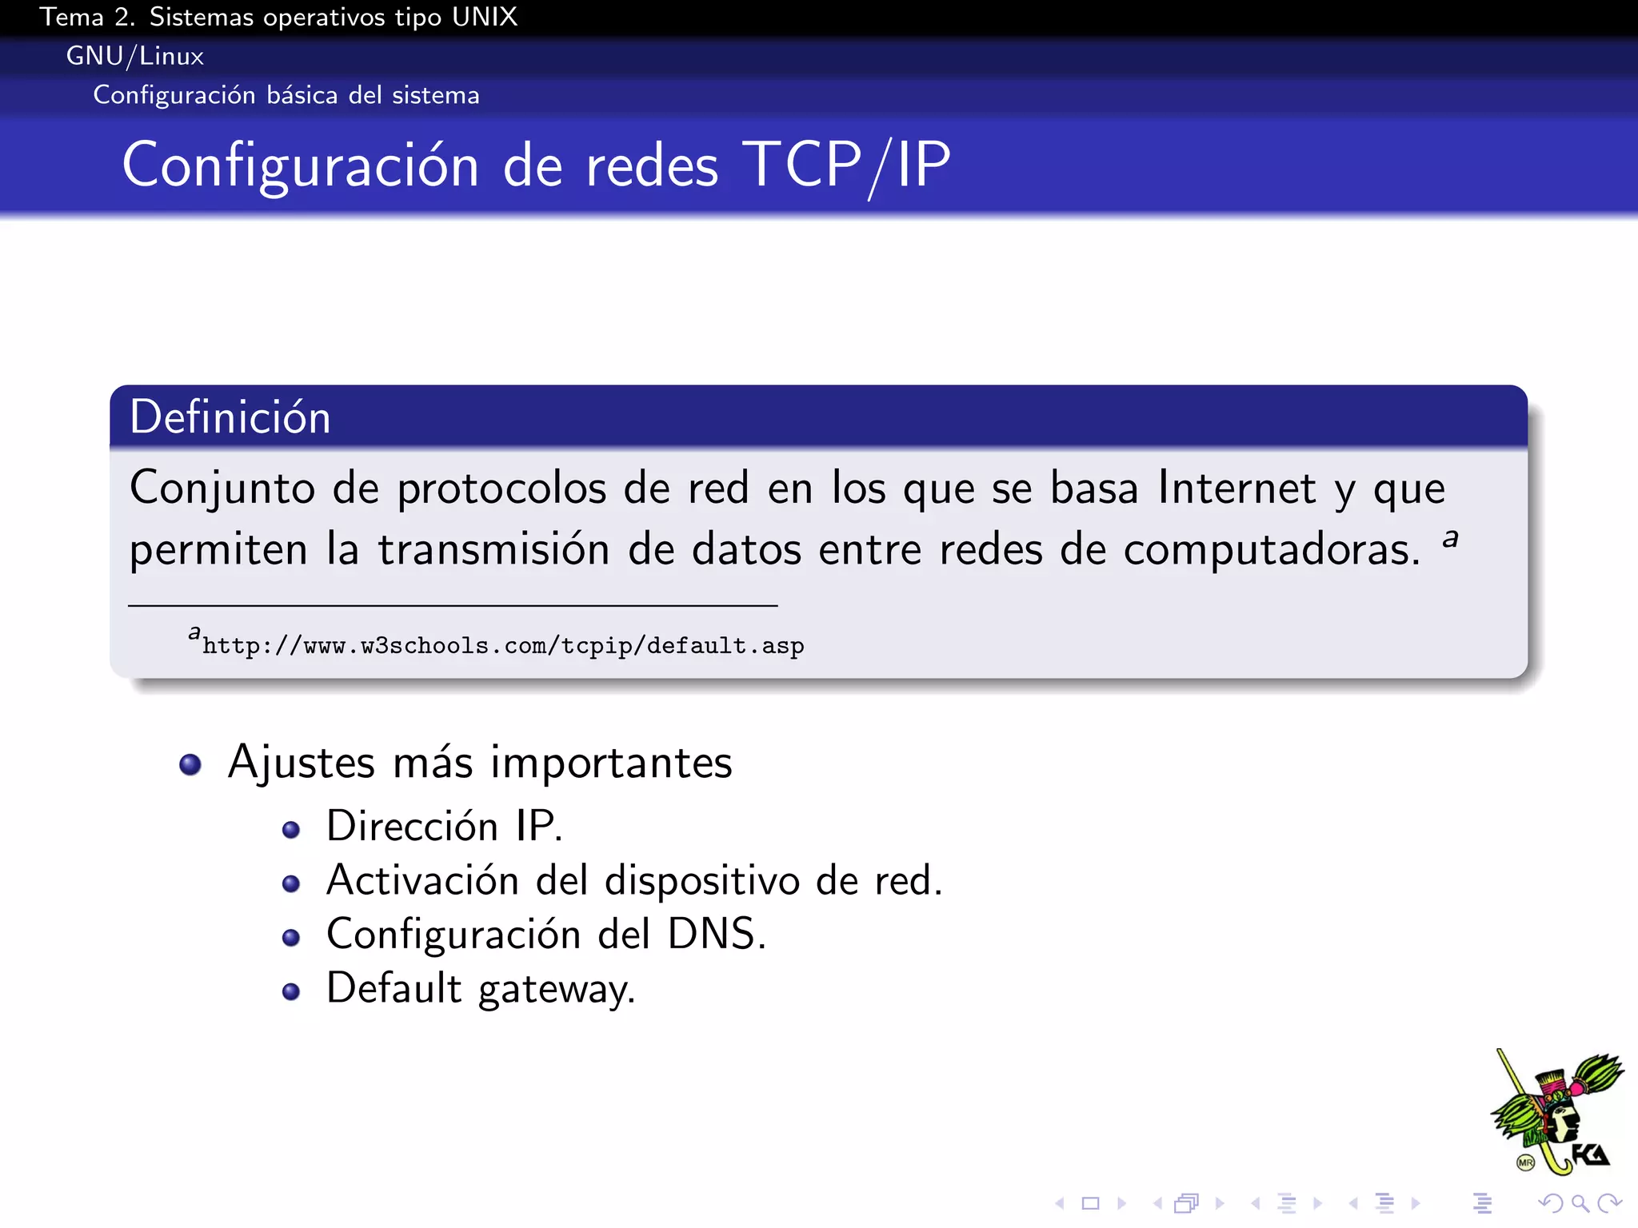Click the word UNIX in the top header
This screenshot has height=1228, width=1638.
[x=484, y=17]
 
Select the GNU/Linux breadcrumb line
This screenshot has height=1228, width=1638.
[x=134, y=56]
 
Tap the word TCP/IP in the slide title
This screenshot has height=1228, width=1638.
[x=846, y=165]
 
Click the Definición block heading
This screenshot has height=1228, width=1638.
[x=230, y=417]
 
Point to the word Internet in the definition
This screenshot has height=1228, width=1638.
[x=1236, y=488]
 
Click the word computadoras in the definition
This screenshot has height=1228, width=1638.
[x=1272, y=550]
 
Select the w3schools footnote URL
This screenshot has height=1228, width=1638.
[x=502, y=645]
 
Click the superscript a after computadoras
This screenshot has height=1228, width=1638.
[x=1450, y=538]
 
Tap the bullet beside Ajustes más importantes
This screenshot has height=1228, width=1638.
[x=190, y=764]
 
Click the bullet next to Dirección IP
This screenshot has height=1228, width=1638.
[x=291, y=830]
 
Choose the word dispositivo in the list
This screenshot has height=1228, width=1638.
[x=701, y=881]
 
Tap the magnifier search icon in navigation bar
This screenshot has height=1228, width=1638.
[x=1579, y=1203]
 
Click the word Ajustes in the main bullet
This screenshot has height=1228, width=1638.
[x=302, y=763]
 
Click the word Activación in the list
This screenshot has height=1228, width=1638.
[x=423, y=881]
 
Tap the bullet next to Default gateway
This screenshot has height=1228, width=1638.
[x=291, y=992]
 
